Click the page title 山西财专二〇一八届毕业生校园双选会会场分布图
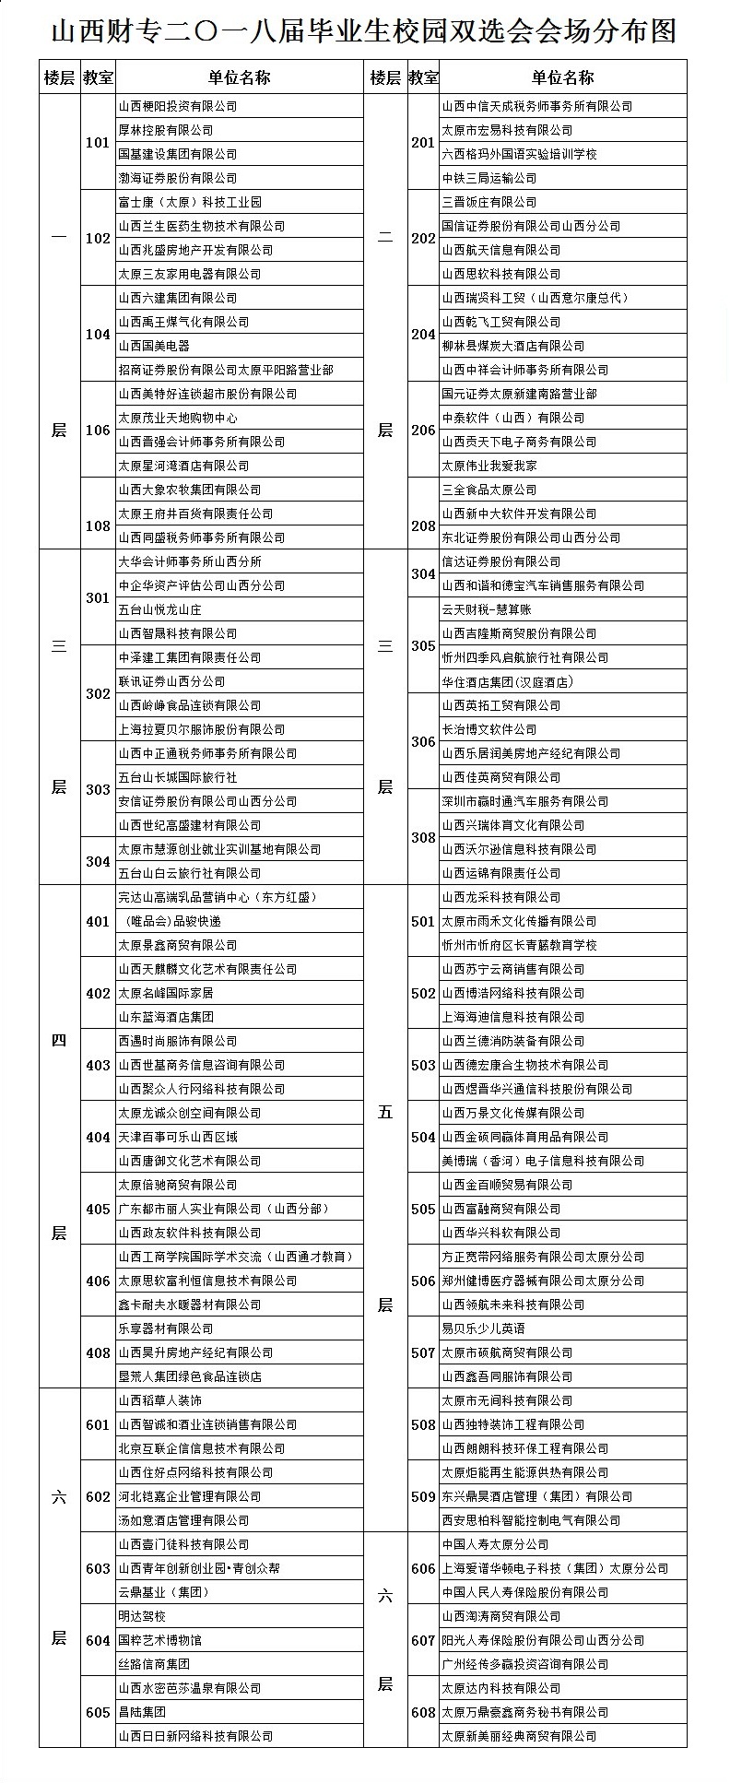click(364, 31)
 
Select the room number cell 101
click(97, 143)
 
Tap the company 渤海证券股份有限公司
click(177, 178)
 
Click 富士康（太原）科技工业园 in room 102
click(190, 202)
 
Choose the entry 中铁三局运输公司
click(489, 178)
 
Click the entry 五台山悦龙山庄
click(159, 609)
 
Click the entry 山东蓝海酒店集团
click(166, 1017)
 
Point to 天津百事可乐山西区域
click(178, 1137)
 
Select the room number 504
click(423, 1137)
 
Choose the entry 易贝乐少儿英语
click(483, 1328)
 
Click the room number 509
click(423, 1496)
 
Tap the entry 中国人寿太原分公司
click(495, 1544)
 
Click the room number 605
click(97, 1712)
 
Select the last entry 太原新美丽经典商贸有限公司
click(519, 1736)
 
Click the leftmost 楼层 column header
click(58, 77)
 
